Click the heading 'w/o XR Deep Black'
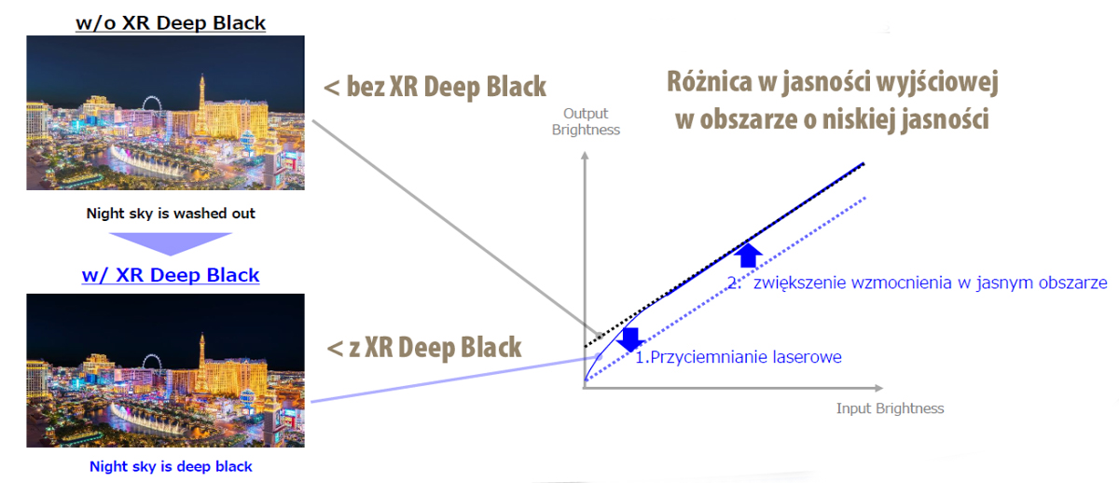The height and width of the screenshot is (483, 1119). (171, 21)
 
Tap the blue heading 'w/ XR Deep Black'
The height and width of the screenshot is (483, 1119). (171, 275)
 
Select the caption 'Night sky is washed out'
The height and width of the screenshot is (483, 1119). (171, 214)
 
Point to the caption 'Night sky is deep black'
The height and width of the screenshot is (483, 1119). (171, 465)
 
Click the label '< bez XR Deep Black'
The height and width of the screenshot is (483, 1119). (435, 88)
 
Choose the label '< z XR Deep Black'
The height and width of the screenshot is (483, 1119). (423, 348)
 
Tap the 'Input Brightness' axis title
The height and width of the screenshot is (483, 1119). (890, 408)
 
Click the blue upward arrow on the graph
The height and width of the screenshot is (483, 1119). (746, 255)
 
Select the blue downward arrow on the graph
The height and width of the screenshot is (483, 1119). (629, 338)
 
